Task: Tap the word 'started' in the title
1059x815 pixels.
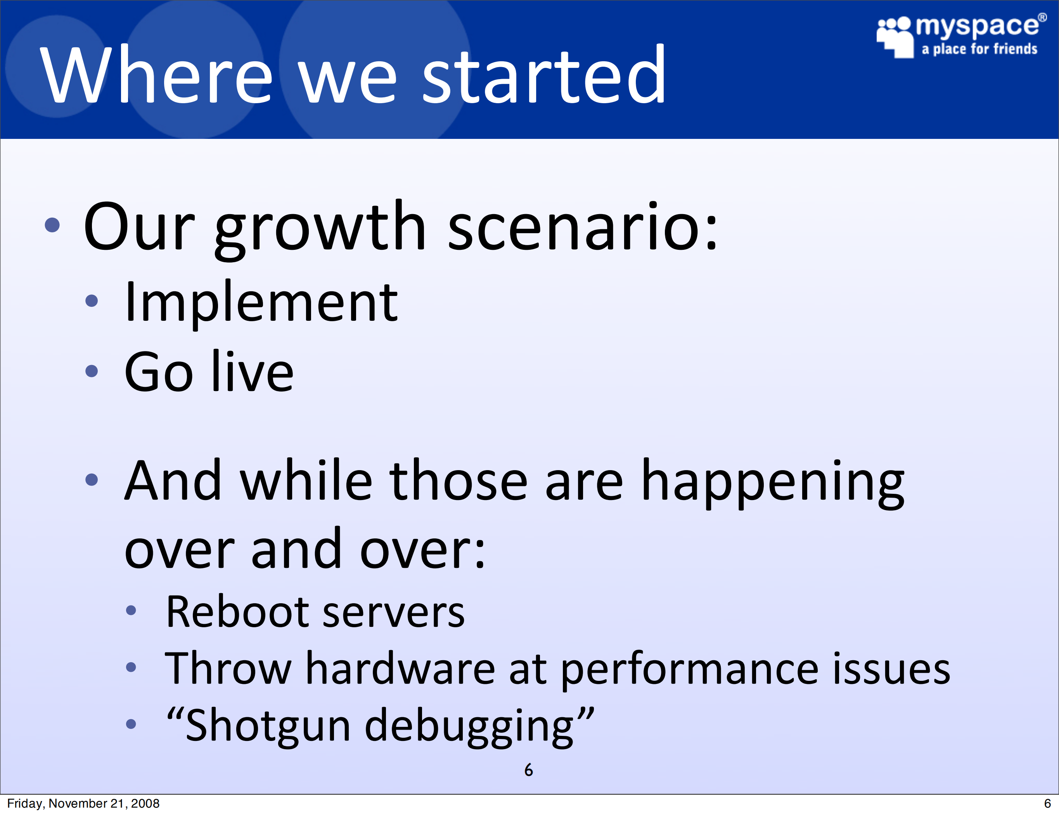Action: click(544, 74)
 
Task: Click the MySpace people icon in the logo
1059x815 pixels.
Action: click(895, 37)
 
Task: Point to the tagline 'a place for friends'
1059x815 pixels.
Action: click(979, 49)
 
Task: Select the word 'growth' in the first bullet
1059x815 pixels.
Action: click(320, 229)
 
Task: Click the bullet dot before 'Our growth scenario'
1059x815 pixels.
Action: click(52, 225)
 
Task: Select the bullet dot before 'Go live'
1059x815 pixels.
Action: click(91, 371)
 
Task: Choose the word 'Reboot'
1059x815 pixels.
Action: click(237, 611)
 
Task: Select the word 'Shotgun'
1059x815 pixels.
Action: click(268, 725)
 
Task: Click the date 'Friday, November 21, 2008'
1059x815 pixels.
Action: click(83, 803)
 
